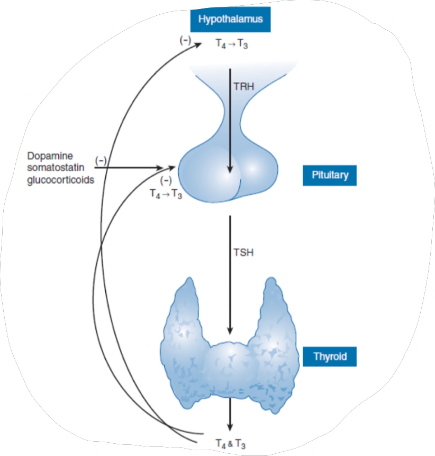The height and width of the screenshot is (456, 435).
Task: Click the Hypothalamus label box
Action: coord(230,19)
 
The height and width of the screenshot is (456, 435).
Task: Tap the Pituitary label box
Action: coord(330,175)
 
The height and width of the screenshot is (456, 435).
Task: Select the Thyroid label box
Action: coord(330,357)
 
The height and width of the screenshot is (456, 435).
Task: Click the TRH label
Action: coord(244,87)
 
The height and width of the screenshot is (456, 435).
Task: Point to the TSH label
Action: coord(244,253)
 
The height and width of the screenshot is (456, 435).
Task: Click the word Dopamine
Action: coord(50,156)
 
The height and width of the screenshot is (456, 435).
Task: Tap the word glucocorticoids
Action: coord(61,180)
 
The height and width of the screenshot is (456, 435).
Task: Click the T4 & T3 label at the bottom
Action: coord(230,444)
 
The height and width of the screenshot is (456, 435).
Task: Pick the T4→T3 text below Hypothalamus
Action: coord(232,44)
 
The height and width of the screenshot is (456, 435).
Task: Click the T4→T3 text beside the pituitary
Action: coord(166,194)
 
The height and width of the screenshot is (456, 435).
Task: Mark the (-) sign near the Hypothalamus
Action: coord(185,40)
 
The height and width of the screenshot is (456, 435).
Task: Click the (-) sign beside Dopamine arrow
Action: coord(101,160)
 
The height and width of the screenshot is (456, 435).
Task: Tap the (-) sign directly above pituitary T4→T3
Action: coord(166,180)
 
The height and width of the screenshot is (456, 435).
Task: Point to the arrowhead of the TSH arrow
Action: coord(230,330)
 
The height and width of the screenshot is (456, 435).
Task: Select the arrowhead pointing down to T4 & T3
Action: coord(230,427)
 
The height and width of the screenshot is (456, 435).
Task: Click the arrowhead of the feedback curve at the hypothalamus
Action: coord(198,45)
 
